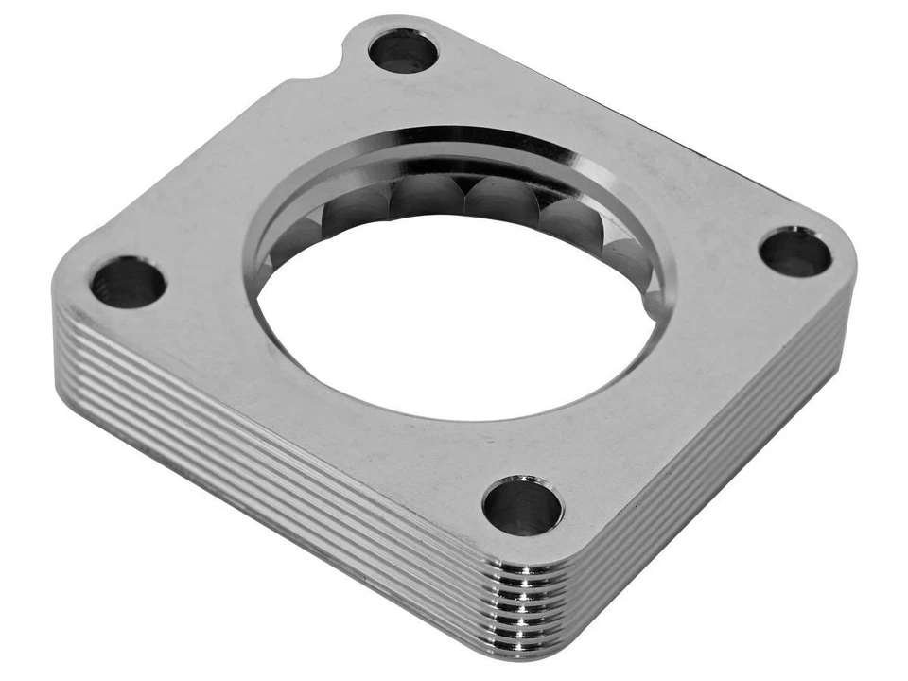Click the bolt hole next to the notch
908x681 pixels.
(x=403, y=50)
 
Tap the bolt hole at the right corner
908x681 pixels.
(x=795, y=252)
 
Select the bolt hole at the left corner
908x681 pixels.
(x=129, y=282)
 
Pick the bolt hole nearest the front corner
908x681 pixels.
(x=522, y=505)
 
